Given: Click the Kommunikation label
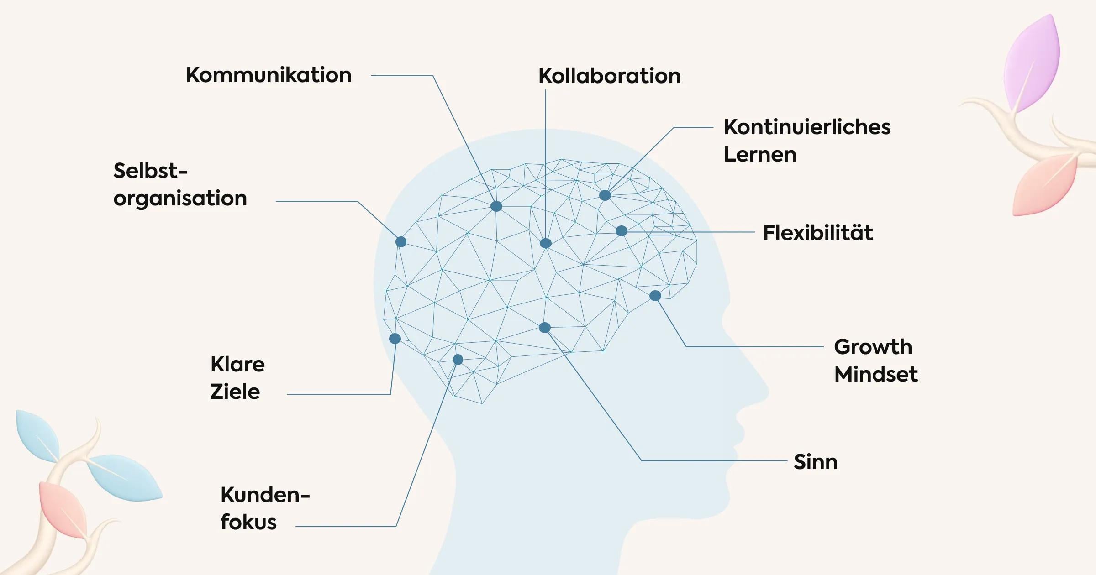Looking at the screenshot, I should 269,75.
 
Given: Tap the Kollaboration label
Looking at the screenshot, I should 609,76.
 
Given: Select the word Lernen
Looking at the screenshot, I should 760,155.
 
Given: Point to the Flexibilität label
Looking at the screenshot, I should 818,233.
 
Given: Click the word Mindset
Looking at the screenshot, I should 875,375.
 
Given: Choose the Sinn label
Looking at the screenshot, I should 816,462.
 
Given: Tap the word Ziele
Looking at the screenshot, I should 235,392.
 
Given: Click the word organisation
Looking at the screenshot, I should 180,199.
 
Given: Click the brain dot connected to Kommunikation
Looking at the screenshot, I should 496,206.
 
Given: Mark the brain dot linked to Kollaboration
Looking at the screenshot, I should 546,243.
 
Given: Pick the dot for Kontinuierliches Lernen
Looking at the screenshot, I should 605,195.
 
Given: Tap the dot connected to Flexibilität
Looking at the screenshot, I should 622,231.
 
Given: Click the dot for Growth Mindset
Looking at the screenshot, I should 655,296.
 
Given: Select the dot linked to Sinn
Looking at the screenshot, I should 545,328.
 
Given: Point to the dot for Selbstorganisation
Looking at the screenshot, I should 401,242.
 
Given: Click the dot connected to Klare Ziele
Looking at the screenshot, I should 395,339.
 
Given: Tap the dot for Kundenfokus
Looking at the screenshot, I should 458,360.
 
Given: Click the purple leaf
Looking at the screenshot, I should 1033,64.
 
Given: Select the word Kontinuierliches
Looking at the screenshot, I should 807,127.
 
